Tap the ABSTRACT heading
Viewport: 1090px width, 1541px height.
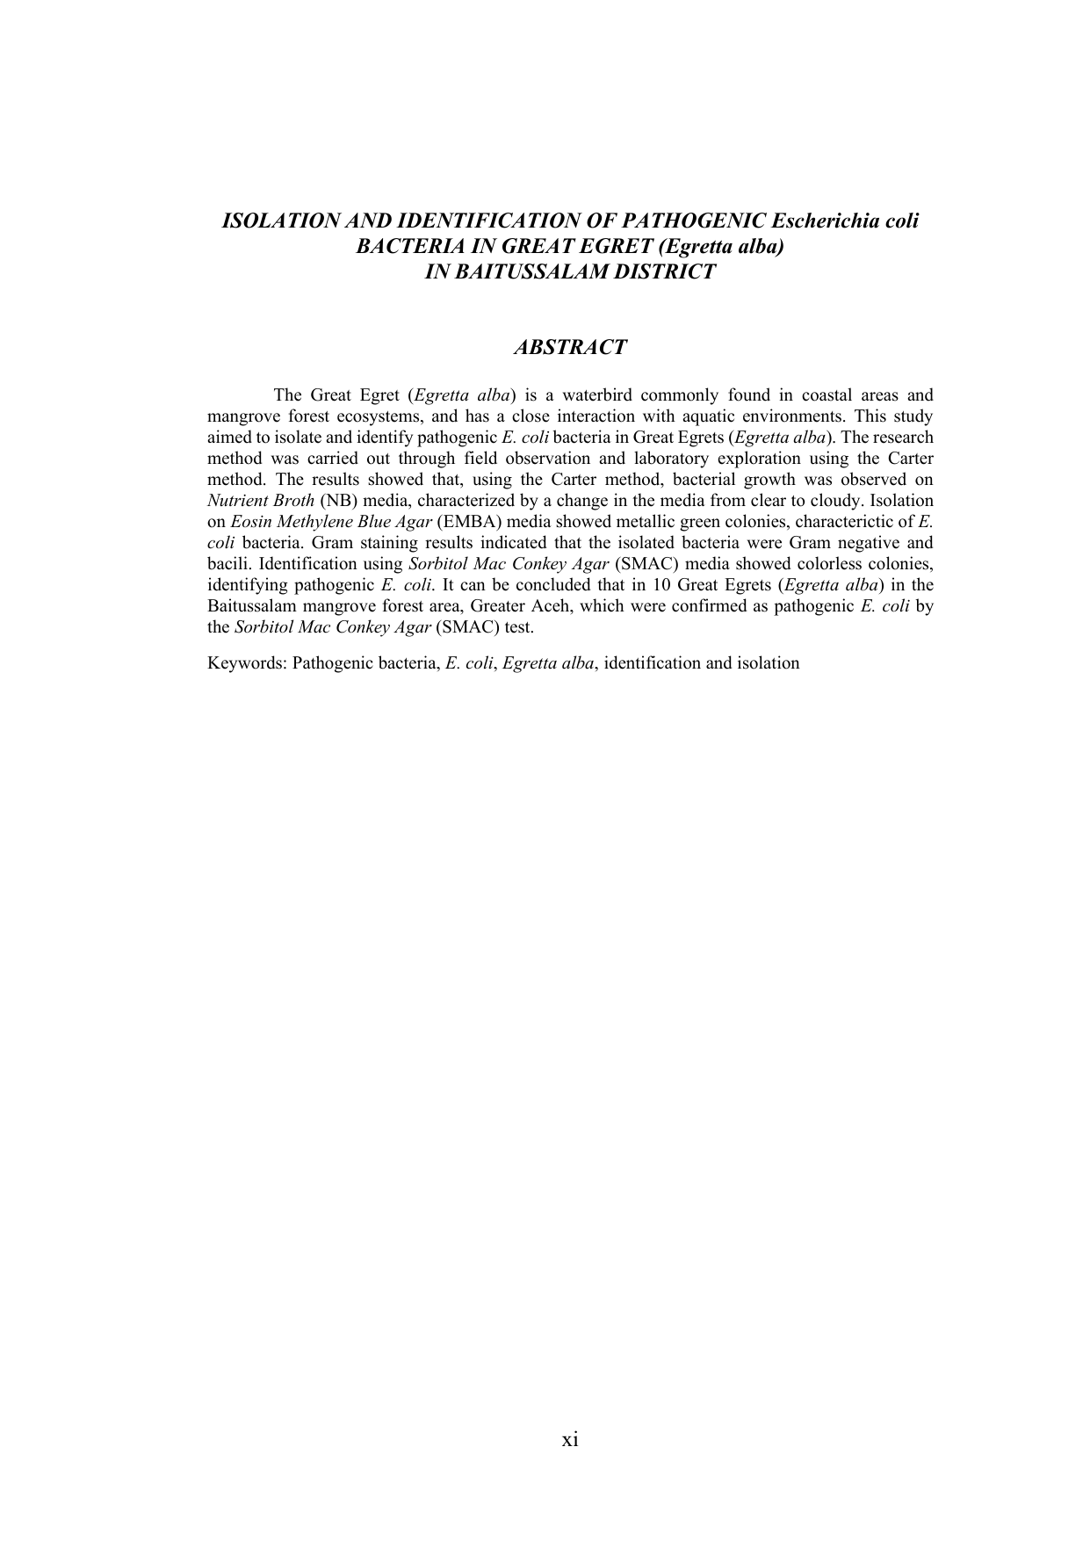569,347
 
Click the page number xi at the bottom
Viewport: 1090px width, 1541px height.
570,1439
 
